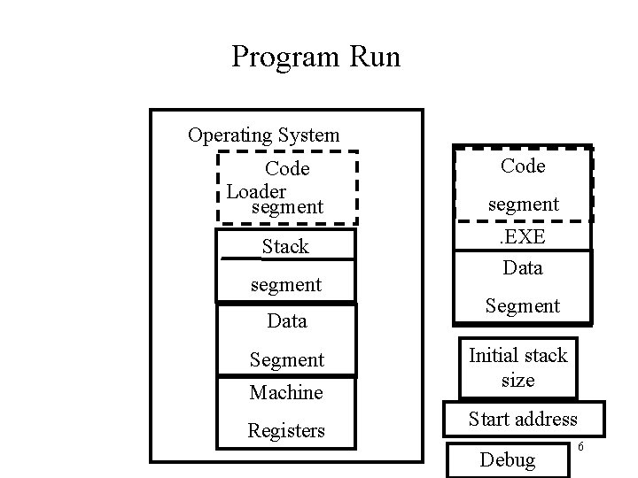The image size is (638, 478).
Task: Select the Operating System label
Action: click(x=263, y=135)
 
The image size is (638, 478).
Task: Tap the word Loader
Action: click(x=256, y=191)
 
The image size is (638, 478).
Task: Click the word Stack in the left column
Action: click(x=285, y=247)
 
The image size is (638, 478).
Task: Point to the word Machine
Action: click(x=286, y=392)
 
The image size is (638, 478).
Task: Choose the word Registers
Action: click(x=286, y=431)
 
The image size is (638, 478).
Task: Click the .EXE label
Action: click(x=523, y=238)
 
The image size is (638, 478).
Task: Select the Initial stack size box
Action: click(x=517, y=367)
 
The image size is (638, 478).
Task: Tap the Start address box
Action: click(x=522, y=419)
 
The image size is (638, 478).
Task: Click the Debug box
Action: click(x=507, y=459)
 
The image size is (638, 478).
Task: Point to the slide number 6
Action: click(x=580, y=448)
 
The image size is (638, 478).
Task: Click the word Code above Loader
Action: click(x=287, y=168)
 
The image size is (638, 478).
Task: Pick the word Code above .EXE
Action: click(x=523, y=166)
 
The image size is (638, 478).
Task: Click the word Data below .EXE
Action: click(x=523, y=267)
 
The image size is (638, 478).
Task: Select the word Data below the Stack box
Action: click(x=286, y=321)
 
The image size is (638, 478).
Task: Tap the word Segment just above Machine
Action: click(x=286, y=360)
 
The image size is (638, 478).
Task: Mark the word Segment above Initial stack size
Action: click(x=523, y=306)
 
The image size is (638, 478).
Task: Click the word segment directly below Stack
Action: click(x=286, y=285)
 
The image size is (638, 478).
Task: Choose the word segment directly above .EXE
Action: click(x=523, y=204)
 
